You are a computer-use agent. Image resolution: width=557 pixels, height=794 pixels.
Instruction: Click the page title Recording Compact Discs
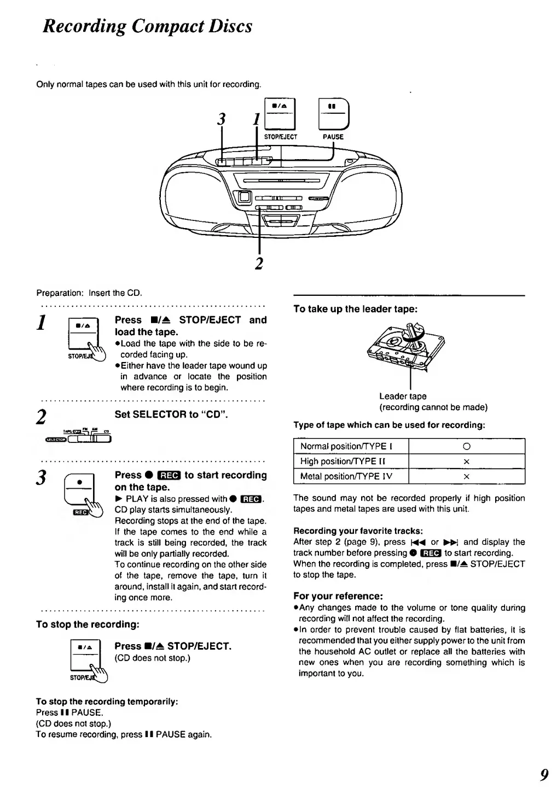[148, 26]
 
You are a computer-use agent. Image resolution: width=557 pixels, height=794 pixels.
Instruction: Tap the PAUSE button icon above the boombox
[333, 115]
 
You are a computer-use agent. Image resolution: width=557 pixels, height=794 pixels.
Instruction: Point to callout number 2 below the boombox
[259, 263]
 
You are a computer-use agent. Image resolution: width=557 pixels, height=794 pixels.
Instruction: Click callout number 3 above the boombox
[221, 119]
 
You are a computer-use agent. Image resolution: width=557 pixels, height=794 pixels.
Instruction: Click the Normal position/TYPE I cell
[351, 446]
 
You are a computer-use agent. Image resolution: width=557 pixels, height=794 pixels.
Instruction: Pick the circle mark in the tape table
[466, 446]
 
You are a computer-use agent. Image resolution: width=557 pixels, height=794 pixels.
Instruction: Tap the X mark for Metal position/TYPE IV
[466, 477]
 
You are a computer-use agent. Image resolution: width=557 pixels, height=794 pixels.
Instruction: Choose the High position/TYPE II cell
[351, 462]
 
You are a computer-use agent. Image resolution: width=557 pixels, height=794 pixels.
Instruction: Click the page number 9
[543, 775]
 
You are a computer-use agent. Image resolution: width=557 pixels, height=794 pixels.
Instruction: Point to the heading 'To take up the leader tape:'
[355, 309]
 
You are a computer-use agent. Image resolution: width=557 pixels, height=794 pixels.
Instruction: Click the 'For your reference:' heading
[338, 596]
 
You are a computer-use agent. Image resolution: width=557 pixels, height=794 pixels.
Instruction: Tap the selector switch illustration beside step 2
[79, 435]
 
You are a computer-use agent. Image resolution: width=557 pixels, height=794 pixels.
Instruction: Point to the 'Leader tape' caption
[403, 396]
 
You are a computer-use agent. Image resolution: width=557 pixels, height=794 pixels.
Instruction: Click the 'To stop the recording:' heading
[88, 624]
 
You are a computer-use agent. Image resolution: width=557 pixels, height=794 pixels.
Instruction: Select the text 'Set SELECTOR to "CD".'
[171, 414]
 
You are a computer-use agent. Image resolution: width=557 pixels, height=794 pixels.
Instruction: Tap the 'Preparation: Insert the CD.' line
[89, 293]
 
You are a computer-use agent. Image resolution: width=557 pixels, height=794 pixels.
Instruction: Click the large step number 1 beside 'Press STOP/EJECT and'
[40, 323]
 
